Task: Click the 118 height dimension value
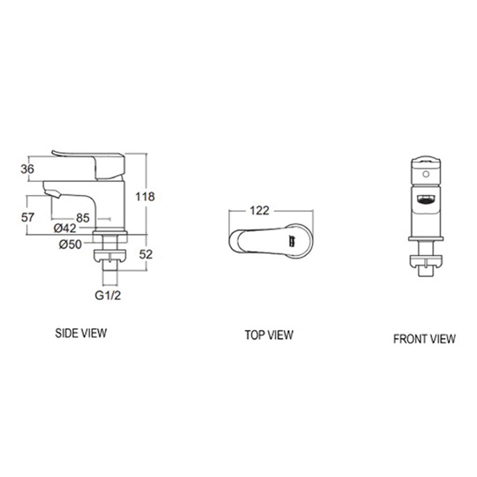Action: (145, 196)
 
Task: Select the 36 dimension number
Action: (27, 169)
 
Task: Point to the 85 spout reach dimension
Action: (83, 218)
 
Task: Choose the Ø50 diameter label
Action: (70, 244)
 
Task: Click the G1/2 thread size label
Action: (108, 296)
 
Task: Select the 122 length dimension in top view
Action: (259, 210)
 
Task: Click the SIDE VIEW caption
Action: (81, 333)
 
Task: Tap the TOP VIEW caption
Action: (269, 335)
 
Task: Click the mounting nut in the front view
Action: (425, 261)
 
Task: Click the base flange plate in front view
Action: (425, 238)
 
